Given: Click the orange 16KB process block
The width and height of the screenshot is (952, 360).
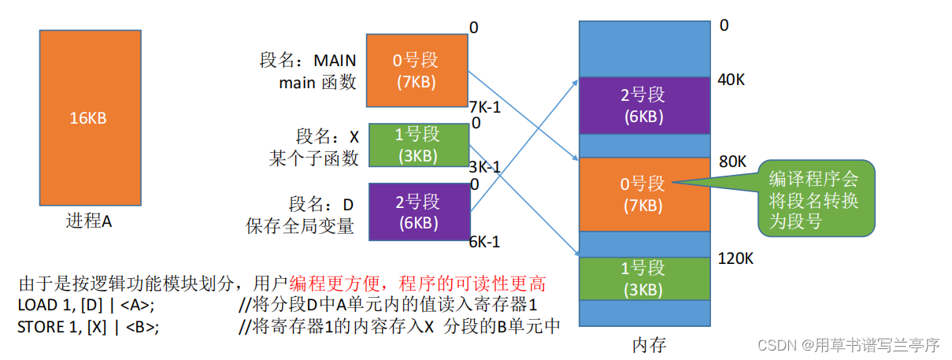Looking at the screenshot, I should (x=89, y=117).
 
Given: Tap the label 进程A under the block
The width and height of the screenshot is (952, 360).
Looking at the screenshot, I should (x=89, y=221).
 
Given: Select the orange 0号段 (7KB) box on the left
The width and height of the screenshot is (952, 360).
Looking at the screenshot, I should (x=416, y=70).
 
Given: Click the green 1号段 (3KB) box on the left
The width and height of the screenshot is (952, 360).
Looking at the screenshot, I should (x=416, y=145).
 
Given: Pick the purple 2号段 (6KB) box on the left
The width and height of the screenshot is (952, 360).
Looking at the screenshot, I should (x=416, y=211).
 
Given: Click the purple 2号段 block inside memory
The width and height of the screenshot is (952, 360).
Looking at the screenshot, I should (x=643, y=105).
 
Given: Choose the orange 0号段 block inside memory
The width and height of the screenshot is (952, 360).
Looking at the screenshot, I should (x=643, y=194).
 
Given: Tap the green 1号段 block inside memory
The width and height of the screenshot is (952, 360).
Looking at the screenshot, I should (x=643, y=277).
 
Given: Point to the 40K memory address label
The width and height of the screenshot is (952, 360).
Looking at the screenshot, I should (x=732, y=80).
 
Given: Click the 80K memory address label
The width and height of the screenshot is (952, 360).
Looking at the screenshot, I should (x=732, y=161).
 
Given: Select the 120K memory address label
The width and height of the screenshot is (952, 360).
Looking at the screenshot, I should (x=736, y=258).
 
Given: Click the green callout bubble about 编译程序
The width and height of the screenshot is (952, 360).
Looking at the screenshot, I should (x=815, y=200).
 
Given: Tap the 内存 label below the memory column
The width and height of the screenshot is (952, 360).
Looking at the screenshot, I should (x=649, y=345).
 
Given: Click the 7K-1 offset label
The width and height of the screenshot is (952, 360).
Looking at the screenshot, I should (x=484, y=106).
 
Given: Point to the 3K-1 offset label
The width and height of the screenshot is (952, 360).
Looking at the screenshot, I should (x=484, y=167).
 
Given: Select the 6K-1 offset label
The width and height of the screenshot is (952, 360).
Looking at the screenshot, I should (x=484, y=242).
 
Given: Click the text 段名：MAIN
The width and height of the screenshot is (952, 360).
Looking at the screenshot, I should (x=308, y=61).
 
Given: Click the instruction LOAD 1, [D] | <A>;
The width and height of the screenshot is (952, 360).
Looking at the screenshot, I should (x=86, y=305).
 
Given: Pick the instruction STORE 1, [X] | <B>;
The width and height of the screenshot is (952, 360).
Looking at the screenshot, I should (x=88, y=326).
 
